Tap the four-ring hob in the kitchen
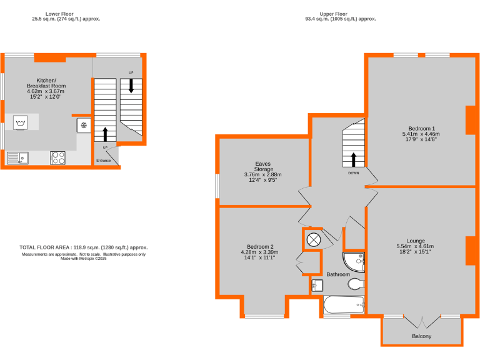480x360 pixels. click(x=58, y=158)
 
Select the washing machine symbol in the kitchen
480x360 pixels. click(x=21, y=122)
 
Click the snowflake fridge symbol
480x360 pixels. click(x=83, y=125)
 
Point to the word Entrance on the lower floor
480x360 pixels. click(x=104, y=161)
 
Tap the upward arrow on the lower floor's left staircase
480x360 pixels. click(x=104, y=133)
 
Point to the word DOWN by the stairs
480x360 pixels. click(x=353, y=173)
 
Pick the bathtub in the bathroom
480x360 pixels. click(x=344, y=307)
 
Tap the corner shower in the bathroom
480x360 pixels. click(x=354, y=261)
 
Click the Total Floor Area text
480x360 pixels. click(x=84, y=247)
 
